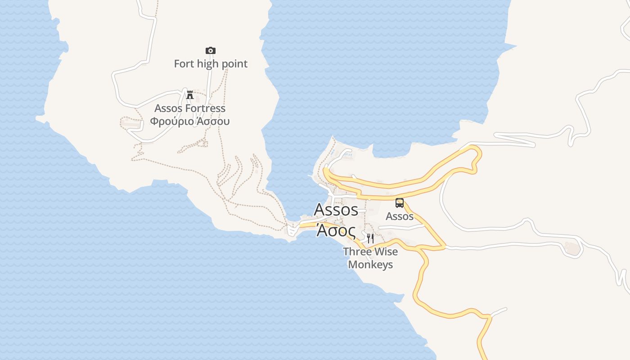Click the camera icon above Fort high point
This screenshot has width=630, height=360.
coord(210,50)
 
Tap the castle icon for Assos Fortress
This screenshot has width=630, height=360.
coord(190,94)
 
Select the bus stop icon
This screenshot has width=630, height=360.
coord(400,203)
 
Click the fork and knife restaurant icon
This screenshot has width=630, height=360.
coord(370,238)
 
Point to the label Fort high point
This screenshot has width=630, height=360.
coord(211,64)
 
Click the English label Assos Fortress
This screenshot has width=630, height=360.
coord(190,108)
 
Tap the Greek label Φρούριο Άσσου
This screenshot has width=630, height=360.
coord(190,121)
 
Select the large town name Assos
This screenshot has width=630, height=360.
coord(336,210)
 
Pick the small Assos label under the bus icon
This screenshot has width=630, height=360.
coord(400,216)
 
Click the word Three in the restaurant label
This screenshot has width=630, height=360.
coord(357,252)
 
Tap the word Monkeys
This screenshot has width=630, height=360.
coord(370,265)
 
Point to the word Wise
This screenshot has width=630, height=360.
coord(386,252)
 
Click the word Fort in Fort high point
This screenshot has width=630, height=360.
coord(184,64)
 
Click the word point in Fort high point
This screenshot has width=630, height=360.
coord(234,64)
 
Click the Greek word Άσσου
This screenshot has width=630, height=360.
coord(212,121)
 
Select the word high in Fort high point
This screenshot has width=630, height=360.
coord(207,64)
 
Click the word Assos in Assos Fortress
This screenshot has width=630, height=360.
coord(168,108)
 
